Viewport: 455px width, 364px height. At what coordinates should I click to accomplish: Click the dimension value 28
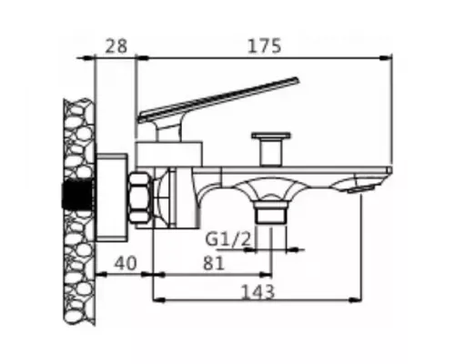click(x=115, y=44)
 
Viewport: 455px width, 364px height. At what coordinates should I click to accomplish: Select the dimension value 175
click(x=264, y=44)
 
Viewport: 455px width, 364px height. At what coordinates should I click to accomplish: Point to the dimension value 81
click(x=211, y=263)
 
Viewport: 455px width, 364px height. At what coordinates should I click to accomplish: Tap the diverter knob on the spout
click(x=270, y=146)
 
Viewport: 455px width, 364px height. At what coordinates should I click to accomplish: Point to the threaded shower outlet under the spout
click(x=270, y=214)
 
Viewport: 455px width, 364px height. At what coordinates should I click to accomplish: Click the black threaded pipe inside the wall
click(x=76, y=195)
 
